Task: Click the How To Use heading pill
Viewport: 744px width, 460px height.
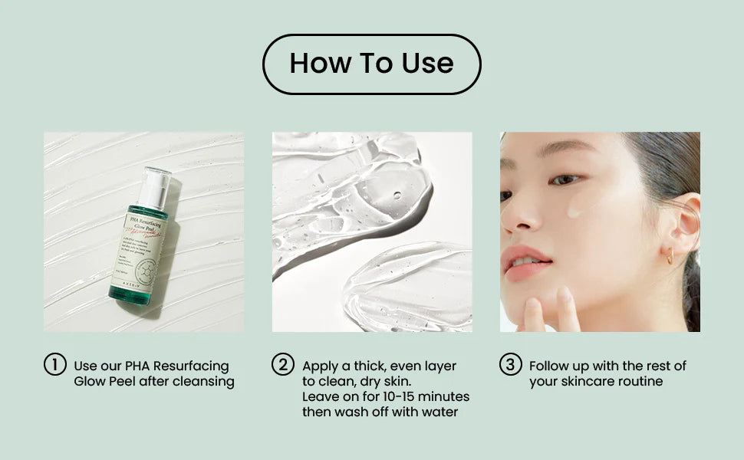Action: click(371, 64)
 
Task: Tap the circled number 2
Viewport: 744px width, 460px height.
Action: click(283, 365)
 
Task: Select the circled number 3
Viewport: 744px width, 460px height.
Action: click(510, 365)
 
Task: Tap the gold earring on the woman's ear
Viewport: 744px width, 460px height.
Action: click(669, 257)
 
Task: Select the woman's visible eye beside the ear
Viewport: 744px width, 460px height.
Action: click(566, 179)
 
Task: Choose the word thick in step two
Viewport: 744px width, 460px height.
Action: click(360, 366)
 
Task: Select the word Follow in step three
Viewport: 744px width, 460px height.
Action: click(550, 366)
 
